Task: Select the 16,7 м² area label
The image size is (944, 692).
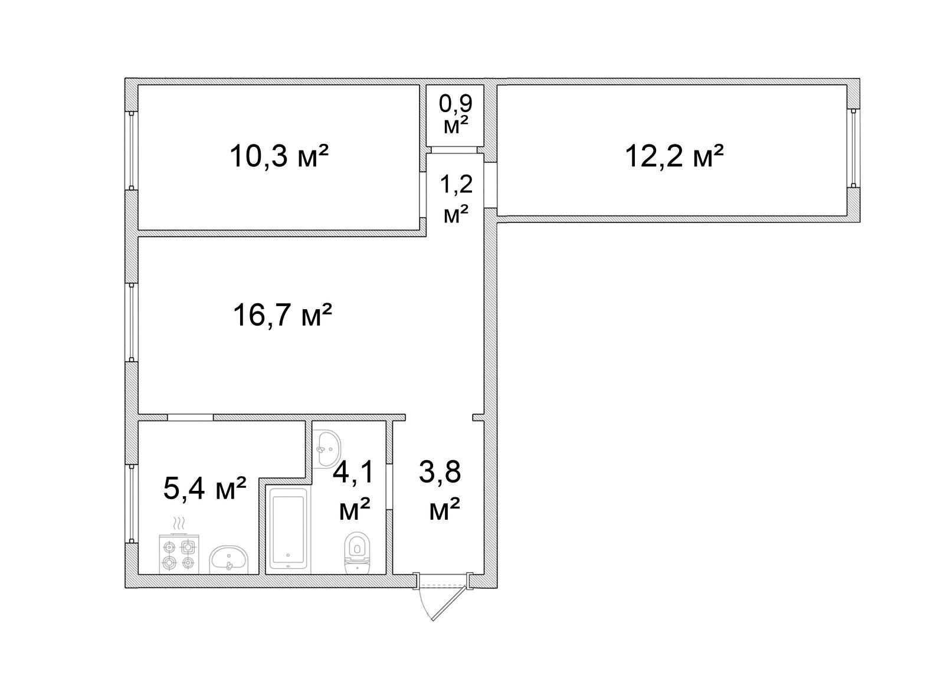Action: (x=283, y=315)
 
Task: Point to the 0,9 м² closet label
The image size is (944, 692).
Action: (x=455, y=114)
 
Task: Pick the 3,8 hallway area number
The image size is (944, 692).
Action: (x=440, y=472)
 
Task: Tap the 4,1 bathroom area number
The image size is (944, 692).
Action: (x=353, y=472)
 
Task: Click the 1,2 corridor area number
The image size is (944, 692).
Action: (x=456, y=184)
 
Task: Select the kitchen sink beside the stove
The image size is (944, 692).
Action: (x=229, y=560)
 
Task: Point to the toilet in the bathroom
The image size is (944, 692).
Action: (x=357, y=553)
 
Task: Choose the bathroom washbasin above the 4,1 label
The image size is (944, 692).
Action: (x=327, y=448)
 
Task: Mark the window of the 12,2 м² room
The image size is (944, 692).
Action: (x=853, y=148)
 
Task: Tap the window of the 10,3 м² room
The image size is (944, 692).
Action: (x=132, y=151)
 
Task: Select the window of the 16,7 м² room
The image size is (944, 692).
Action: (x=132, y=323)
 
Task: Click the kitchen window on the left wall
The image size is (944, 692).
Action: (x=132, y=504)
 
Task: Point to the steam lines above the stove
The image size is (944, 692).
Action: (x=179, y=524)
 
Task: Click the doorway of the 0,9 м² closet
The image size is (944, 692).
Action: (x=454, y=150)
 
